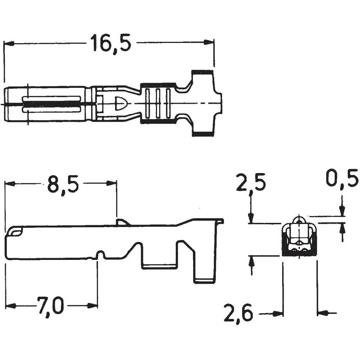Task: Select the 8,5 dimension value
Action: tap(63, 184)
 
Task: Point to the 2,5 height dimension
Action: tap(251, 183)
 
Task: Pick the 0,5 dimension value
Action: tap(342, 178)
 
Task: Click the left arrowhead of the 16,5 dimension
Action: tap(9, 43)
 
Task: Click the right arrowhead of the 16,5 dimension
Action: tap(209, 42)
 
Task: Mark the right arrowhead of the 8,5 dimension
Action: tap(112, 184)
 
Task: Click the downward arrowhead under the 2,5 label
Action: tap(251, 218)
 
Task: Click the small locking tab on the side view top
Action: tap(122, 222)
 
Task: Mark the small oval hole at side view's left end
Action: tap(16, 233)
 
